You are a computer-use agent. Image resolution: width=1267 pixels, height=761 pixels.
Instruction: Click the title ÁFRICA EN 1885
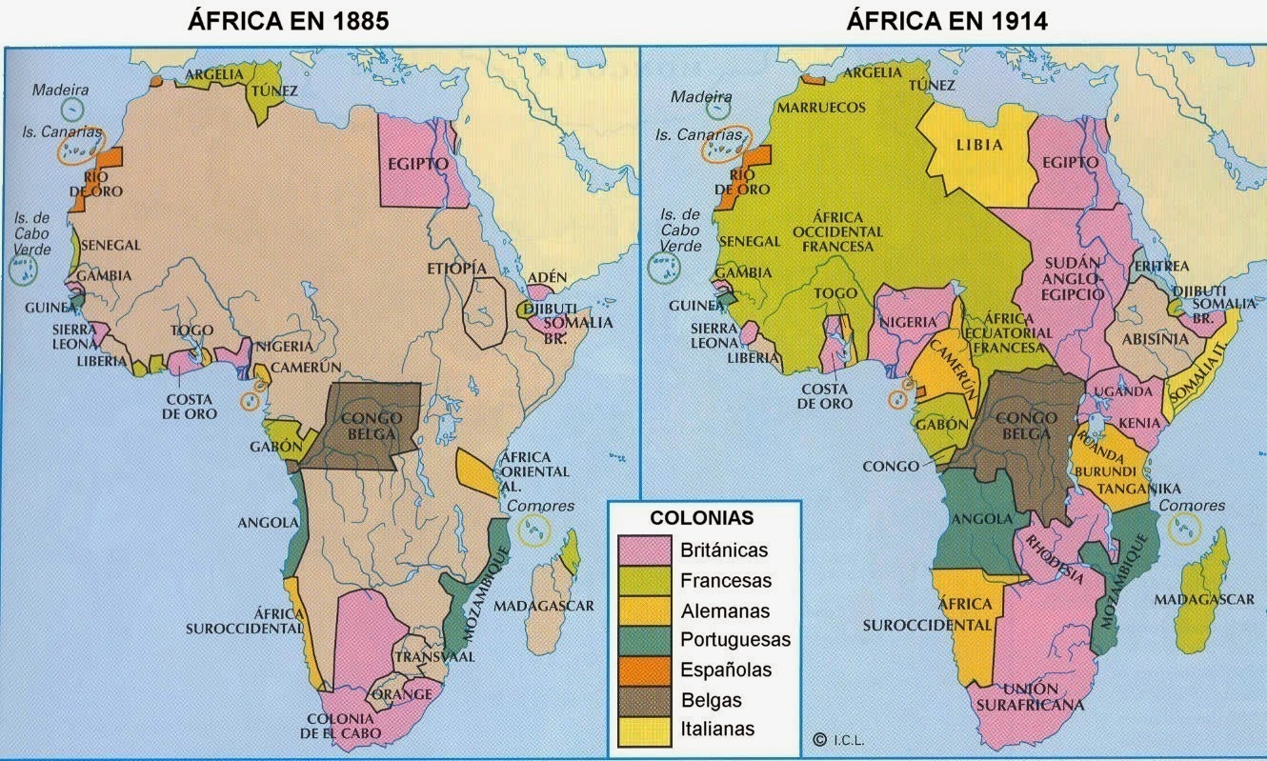(x=288, y=21)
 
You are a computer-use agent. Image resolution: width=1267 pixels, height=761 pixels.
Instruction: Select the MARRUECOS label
(x=821, y=108)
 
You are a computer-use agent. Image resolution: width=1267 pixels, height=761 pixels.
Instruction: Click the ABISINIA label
(x=1156, y=338)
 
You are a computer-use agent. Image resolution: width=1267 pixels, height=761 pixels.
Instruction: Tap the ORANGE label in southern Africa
(x=403, y=693)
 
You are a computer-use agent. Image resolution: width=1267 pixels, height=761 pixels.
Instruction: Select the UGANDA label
(x=1116, y=391)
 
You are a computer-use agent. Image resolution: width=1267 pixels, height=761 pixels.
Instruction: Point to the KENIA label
(x=1140, y=423)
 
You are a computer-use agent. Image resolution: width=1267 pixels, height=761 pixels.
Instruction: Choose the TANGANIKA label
(x=1138, y=489)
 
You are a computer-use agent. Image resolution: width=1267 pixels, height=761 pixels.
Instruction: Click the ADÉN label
(x=547, y=277)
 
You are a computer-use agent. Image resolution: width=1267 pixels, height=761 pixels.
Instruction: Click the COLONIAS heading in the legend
(x=701, y=518)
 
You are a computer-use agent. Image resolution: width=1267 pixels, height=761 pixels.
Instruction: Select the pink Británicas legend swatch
(x=644, y=551)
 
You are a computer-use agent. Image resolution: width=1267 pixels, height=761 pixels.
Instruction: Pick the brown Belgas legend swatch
(x=644, y=700)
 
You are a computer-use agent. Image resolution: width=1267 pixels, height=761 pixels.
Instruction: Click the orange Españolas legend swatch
(x=644, y=670)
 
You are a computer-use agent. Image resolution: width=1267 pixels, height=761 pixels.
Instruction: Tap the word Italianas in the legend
(x=717, y=730)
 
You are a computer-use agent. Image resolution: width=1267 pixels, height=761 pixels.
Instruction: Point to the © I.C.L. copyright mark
(x=838, y=738)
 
